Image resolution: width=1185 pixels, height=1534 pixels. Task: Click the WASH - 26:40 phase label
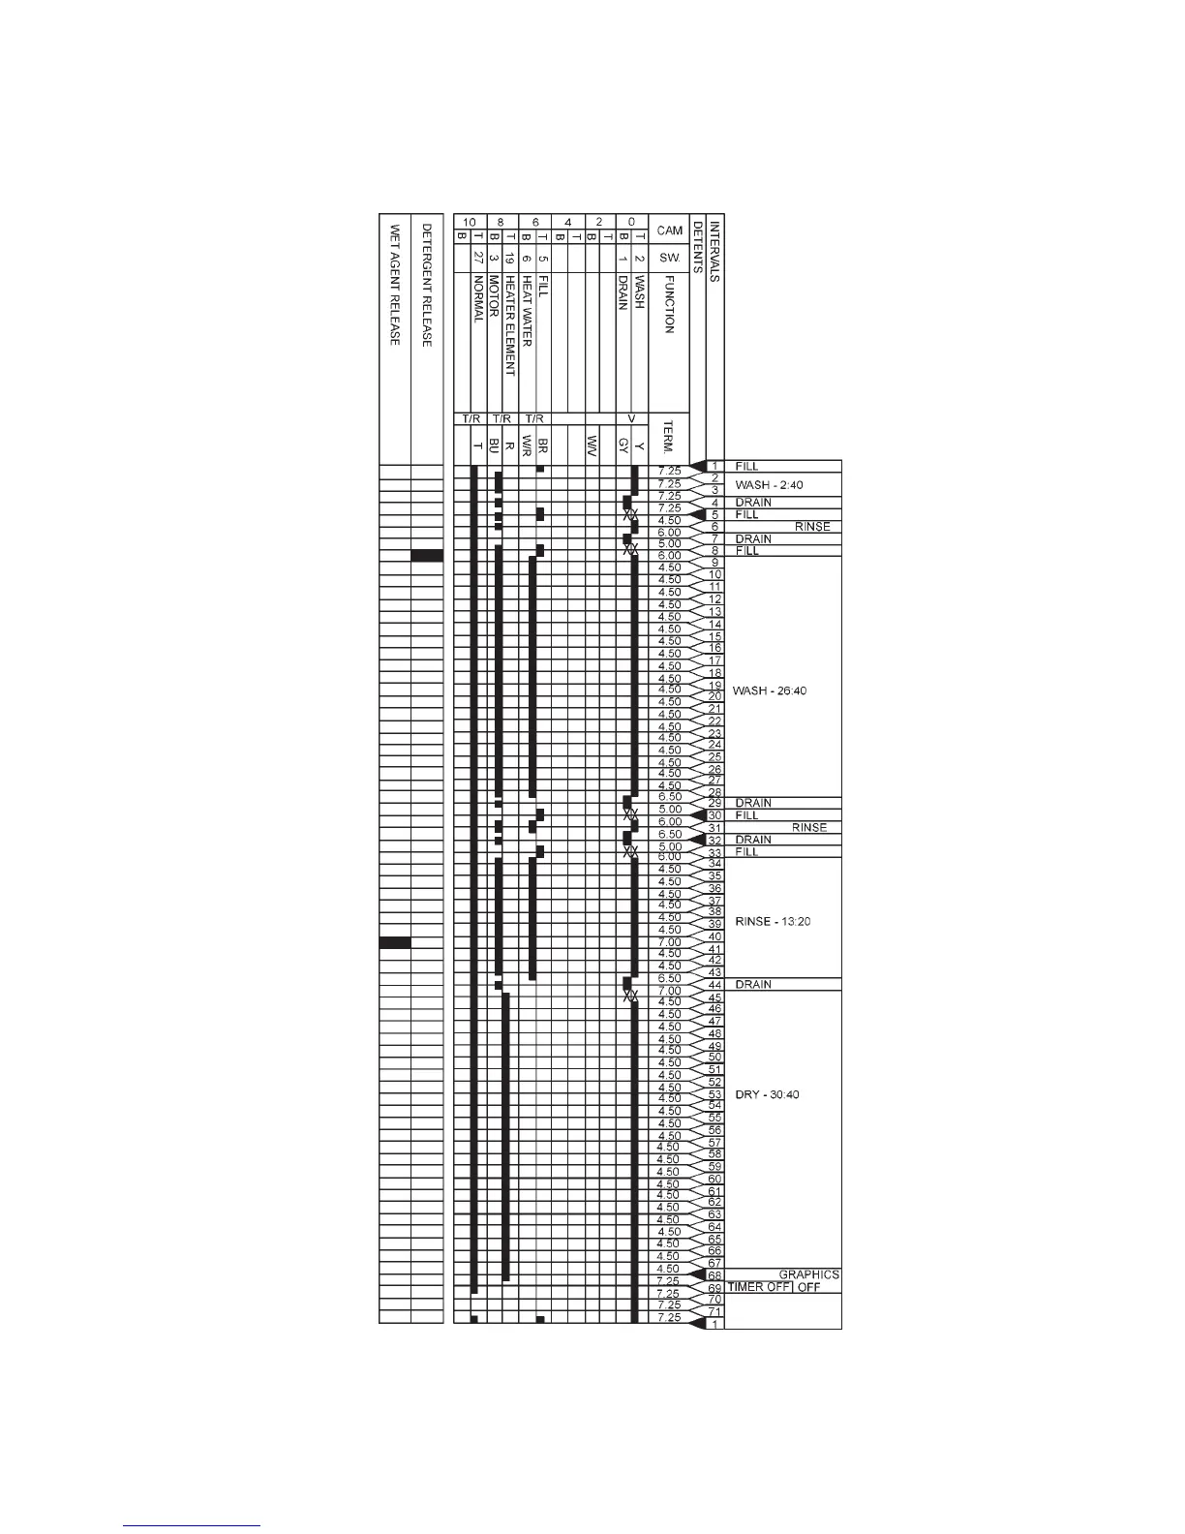tap(770, 690)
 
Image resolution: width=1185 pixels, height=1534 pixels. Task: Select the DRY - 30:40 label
tap(767, 1094)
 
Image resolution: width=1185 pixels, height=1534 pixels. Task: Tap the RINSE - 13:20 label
tap(773, 921)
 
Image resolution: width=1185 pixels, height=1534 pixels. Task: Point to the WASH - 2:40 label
tap(769, 485)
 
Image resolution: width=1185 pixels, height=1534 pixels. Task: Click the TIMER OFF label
tap(759, 1287)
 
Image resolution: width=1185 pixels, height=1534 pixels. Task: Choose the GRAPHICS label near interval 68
tap(808, 1274)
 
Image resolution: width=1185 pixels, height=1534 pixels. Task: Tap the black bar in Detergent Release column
tap(427, 556)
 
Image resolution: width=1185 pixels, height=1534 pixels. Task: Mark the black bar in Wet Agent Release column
tap(394, 942)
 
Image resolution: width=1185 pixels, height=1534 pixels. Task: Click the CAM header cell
tap(669, 230)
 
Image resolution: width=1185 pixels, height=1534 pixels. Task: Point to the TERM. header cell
tap(669, 439)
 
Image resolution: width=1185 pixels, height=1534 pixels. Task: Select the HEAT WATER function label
tap(527, 311)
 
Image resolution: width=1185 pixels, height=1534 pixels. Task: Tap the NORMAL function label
tap(477, 300)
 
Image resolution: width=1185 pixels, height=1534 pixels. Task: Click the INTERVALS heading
tap(714, 251)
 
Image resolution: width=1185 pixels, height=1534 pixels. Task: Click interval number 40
tap(714, 936)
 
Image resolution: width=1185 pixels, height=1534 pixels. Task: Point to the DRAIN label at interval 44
tap(753, 984)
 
